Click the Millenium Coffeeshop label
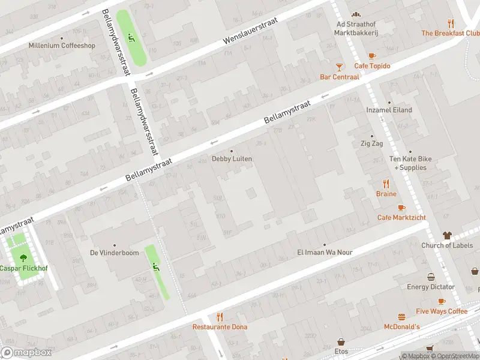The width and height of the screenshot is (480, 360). click(62, 45)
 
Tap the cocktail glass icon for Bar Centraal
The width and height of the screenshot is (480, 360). click(340, 67)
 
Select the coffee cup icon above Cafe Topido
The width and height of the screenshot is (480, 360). click(372, 56)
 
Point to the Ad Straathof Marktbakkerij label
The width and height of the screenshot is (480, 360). click(356, 28)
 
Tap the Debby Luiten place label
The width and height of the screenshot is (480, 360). click(232, 158)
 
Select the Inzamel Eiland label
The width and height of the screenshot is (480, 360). click(389, 110)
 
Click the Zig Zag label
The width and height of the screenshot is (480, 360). click(371, 144)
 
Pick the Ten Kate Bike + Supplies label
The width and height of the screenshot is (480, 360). click(411, 163)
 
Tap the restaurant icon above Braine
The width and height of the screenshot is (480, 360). click(386, 184)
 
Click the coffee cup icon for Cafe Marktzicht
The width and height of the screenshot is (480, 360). click(401, 208)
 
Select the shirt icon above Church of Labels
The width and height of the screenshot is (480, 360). click(447, 235)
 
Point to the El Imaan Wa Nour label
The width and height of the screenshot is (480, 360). click(325, 252)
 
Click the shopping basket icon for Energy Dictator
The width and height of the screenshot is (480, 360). click(431, 277)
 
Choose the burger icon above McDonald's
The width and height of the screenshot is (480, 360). click(401, 317)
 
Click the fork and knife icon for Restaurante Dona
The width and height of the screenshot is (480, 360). click(220, 317)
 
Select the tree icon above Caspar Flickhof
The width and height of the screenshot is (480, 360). click(23, 258)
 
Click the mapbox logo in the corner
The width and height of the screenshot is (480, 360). click(27, 353)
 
